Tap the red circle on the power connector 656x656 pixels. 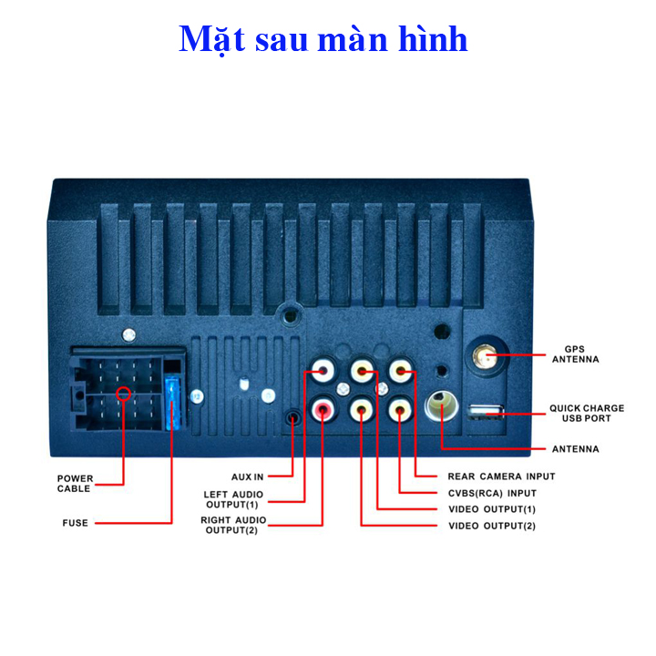[123, 395]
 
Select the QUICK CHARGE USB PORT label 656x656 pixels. [587, 413]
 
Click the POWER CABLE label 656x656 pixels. [75, 483]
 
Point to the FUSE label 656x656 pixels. [75, 523]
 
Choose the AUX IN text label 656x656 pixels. [247, 477]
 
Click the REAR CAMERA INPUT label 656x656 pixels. [501, 477]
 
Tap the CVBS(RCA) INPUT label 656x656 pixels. [491, 493]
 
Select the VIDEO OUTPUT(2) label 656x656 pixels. [491, 527]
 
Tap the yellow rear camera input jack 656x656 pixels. [401, 372]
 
